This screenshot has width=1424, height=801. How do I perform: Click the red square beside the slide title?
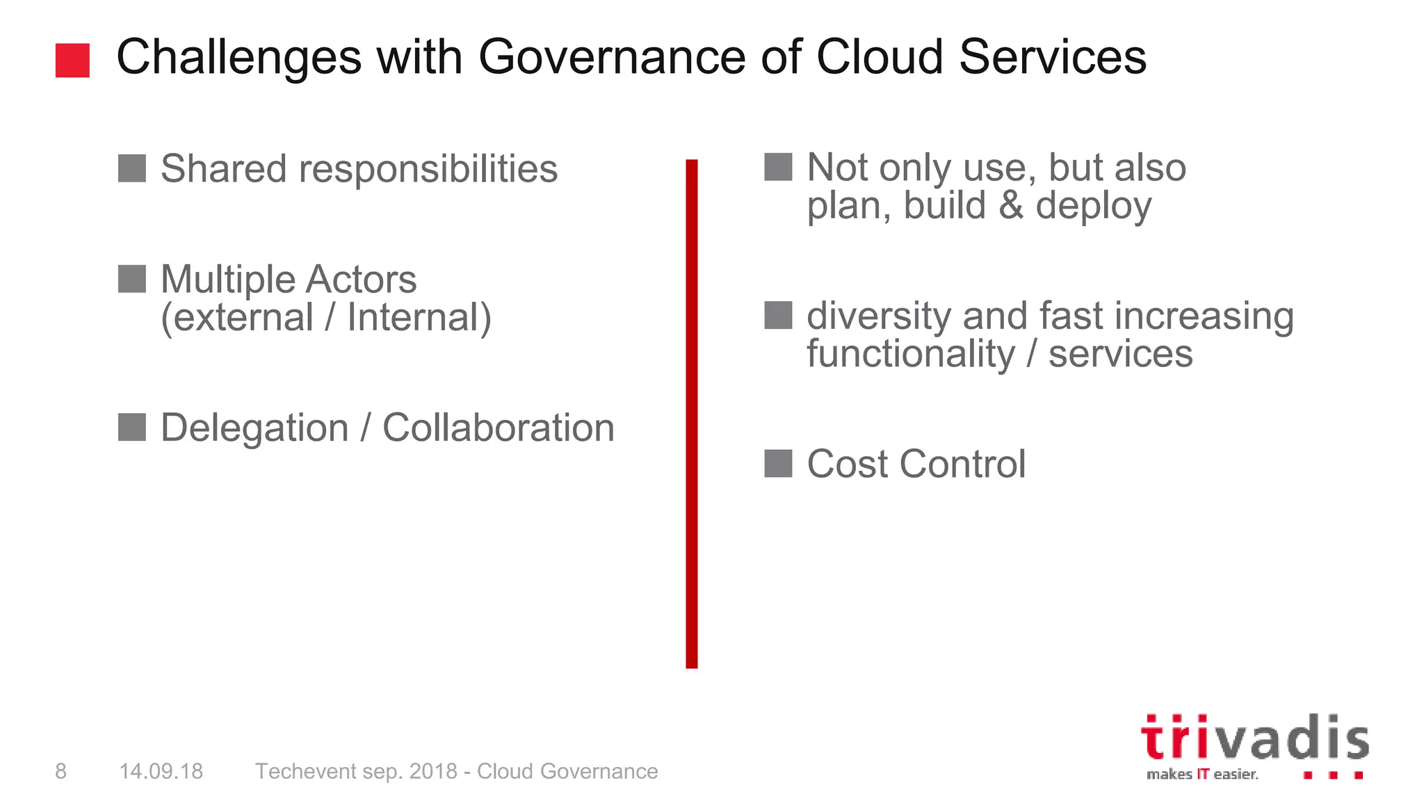(72, 60)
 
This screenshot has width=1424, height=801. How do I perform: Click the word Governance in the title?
(612, 57)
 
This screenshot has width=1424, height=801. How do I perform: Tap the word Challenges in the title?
(238, 57)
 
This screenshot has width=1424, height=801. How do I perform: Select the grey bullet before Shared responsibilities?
(131, 168)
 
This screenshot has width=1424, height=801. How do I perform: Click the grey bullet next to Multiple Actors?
(131, 279)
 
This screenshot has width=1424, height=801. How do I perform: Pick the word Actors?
(361, 280)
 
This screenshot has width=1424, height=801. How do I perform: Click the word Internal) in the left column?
(419, 318)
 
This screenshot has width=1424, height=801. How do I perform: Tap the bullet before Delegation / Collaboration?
(131, 427)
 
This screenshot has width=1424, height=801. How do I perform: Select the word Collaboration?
(498, 428)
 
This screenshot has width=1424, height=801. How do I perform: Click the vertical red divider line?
(691, 414)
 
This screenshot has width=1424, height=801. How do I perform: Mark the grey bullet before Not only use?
(777, 167)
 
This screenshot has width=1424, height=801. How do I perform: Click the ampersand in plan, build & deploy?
(1010, 206)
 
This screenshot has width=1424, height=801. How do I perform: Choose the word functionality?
(911, 354)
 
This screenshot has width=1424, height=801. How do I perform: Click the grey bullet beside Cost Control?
(777, 463)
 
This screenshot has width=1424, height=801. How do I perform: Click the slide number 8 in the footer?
(61, 771)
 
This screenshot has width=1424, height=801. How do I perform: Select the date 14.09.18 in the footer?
(161, 771)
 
